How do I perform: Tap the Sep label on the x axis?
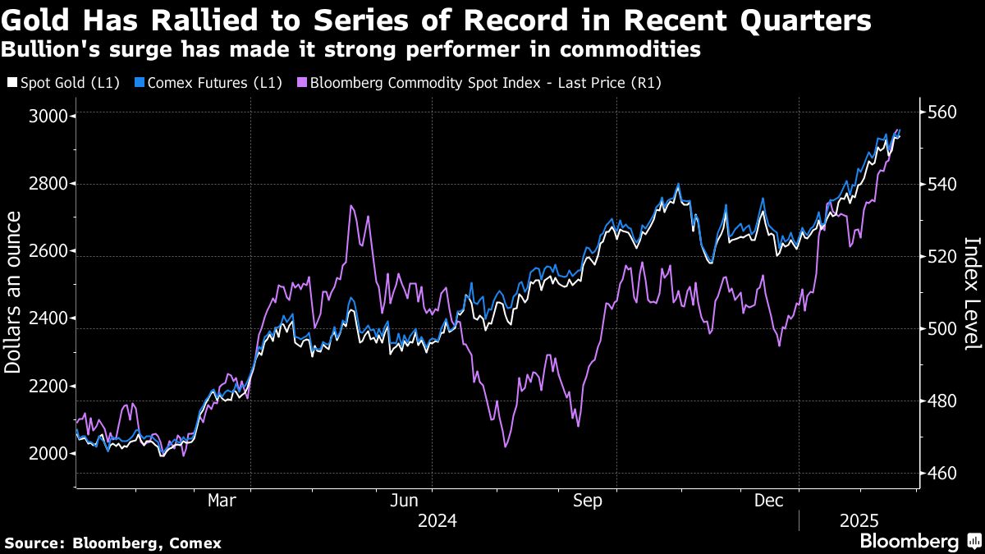(589, 500)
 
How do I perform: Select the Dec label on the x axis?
(772, 500)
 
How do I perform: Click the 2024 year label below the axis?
(438, 520)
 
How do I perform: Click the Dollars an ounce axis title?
(13, 291)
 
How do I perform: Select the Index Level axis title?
(972, 293)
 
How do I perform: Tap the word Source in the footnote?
(33, 543)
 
